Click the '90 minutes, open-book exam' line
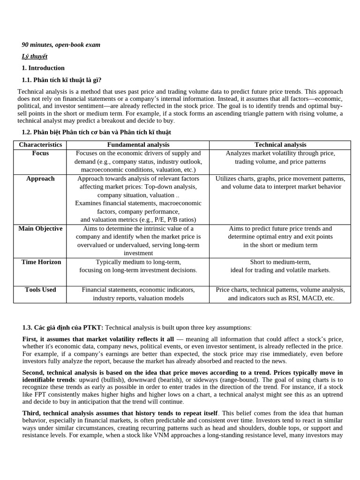[61, 45]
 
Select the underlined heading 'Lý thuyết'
[34, 56]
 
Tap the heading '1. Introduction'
[43, 68]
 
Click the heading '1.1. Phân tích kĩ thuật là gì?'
[61, 80]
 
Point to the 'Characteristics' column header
[40, 145]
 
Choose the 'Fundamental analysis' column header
[138, 145]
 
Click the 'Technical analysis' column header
[280, 145]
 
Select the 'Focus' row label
[40, 153]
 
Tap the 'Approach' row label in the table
[40, 179]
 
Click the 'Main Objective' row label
[40, 229]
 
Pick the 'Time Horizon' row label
[41, 262]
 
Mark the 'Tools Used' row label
[40, 290]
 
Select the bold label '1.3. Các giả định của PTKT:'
[63, 328]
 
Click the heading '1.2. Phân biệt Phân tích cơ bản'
[97, 132]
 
